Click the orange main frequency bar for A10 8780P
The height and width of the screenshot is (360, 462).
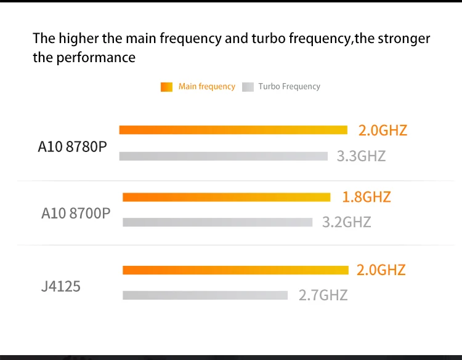coord(233,130)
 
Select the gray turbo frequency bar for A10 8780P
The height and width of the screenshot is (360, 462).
coord(223,156)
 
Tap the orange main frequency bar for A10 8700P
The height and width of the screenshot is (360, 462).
coord(227,198)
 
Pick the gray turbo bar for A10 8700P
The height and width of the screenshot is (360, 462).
coord(217,222)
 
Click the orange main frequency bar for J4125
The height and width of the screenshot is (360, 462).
coord(235,270)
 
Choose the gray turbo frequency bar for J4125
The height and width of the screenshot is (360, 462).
coord(205,295)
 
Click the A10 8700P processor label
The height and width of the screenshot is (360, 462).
coord(76,214)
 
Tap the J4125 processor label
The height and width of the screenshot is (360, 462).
coord(60,286)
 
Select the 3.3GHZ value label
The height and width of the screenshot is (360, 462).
coord(361,156)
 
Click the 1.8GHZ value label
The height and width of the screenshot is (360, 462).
coord(367,197)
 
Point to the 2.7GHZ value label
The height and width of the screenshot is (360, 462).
coord(323,295)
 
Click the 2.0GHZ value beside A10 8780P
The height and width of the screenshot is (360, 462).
coord(383,130)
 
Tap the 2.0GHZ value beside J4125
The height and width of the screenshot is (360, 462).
coord(381,270)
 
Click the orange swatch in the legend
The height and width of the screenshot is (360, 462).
coord(166,87)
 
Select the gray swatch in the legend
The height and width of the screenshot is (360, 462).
coord(248,87)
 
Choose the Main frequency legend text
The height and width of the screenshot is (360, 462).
coord(207,87)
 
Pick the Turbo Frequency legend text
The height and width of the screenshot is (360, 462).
coord(290,87)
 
